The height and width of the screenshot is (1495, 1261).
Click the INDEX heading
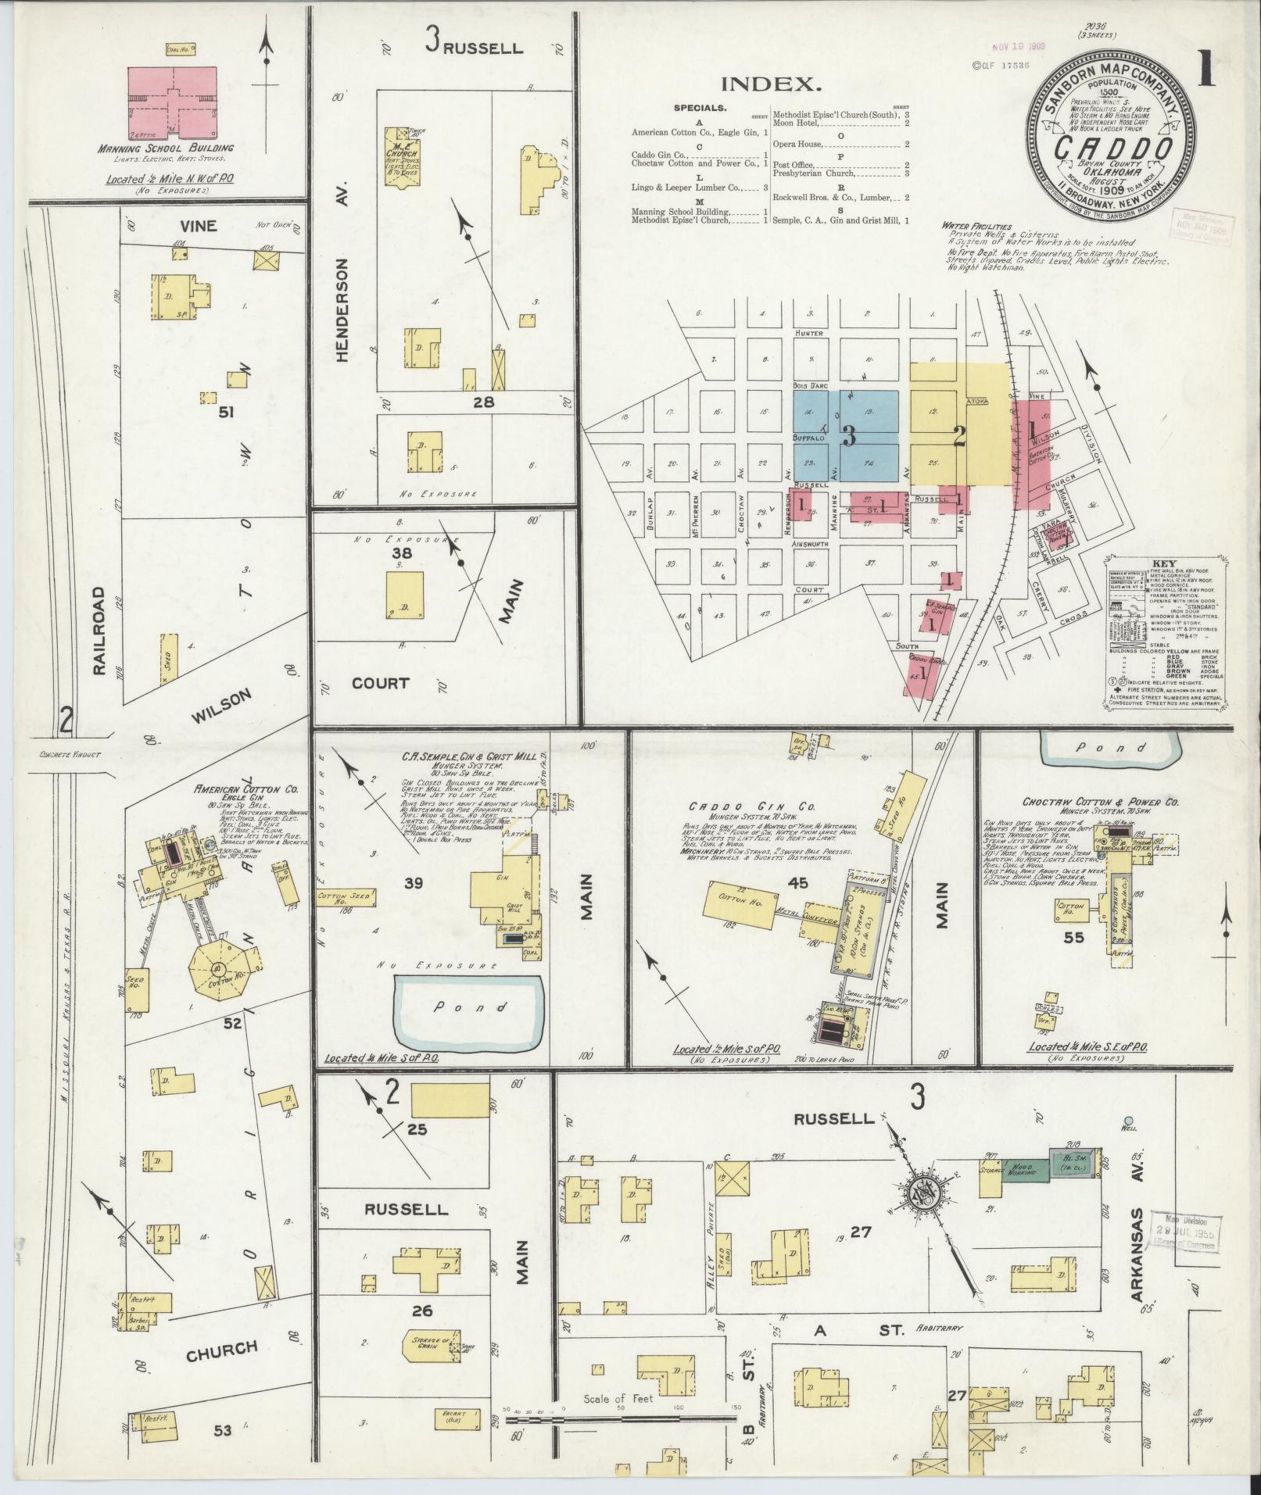(x=771, y=84)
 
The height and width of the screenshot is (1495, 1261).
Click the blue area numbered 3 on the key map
(x=847, y=435)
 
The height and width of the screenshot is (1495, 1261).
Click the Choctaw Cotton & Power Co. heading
(x=1079, y=802)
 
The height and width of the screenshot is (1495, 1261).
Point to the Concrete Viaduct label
(x=71, y=755)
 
